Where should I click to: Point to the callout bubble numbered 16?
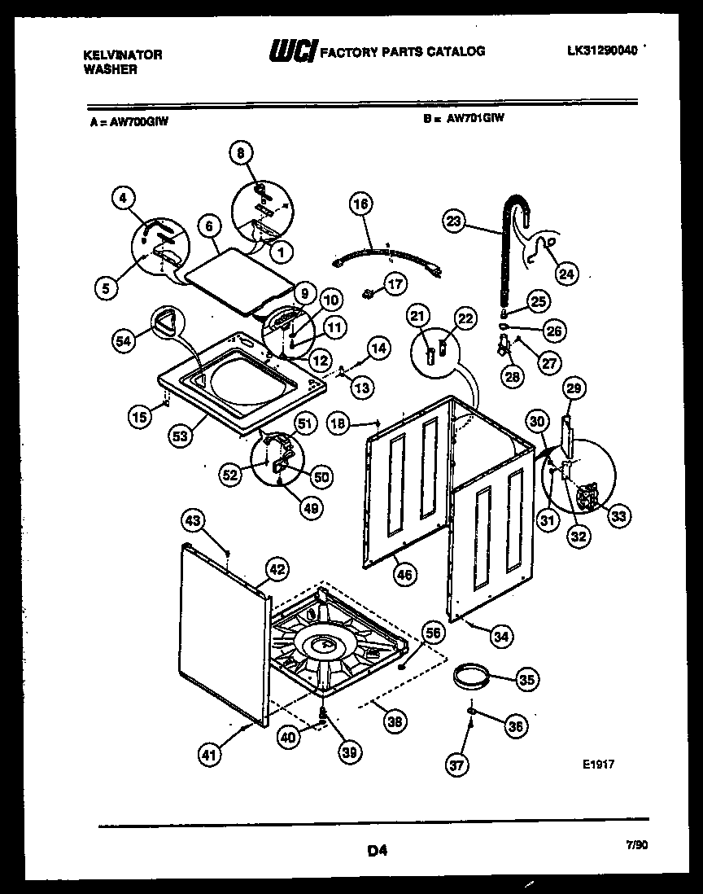coord(362,204)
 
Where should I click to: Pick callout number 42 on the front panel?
coord(277,570)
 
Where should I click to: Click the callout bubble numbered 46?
coord(404,575)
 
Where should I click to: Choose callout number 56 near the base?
coord(433,632)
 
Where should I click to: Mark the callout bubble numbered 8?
coord(240,152)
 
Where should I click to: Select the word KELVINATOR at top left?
coord(123,55)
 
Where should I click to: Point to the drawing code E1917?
coord(598,765)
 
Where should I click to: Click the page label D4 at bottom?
coord(376,852)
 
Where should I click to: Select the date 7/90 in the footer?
coord(638,845)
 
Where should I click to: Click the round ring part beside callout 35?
coord(470,675)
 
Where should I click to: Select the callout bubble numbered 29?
coord(574,391)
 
